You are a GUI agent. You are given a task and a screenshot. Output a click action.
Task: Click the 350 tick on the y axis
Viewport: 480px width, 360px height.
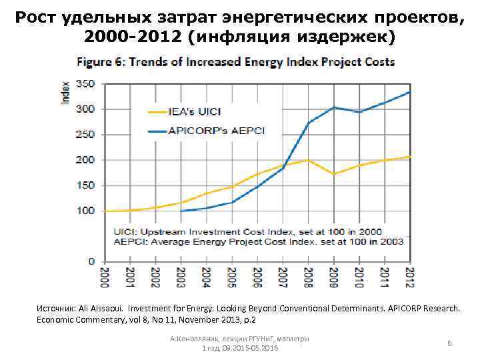(85, 85)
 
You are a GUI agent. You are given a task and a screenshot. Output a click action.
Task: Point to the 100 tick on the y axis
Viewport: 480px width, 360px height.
(85, 211)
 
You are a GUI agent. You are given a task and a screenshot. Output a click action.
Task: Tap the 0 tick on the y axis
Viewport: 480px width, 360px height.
(91, 261)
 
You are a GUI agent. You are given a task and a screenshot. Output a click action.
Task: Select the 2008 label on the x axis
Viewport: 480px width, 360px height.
(308, 277)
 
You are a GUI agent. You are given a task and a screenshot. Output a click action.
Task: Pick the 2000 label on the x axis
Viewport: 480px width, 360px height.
(104, 277)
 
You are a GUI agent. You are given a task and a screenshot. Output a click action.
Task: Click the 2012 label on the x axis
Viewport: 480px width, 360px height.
(410, 277)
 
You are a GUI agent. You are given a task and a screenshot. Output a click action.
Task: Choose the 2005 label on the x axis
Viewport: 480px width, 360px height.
(231, 277)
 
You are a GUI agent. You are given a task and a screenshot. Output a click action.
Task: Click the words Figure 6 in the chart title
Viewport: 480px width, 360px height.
(100, 62)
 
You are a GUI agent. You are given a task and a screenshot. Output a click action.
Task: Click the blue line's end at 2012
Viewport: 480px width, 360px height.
(410, 92)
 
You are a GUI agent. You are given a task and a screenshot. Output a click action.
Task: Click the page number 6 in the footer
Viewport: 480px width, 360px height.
(450, 343)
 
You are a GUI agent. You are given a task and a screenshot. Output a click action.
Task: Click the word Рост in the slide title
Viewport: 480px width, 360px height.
(35, 18)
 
